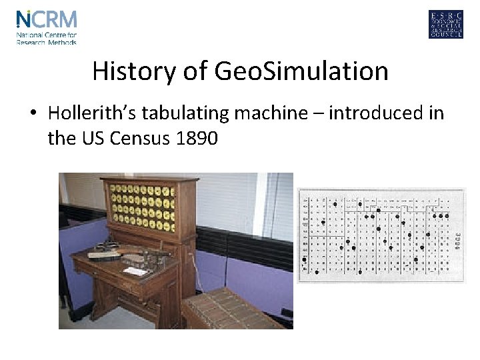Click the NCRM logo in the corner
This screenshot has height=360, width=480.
pos(47,27)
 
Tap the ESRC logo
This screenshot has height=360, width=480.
pos(445,25)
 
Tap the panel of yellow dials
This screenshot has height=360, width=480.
pos(141,205)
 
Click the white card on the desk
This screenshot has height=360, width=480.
pos(136,271)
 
